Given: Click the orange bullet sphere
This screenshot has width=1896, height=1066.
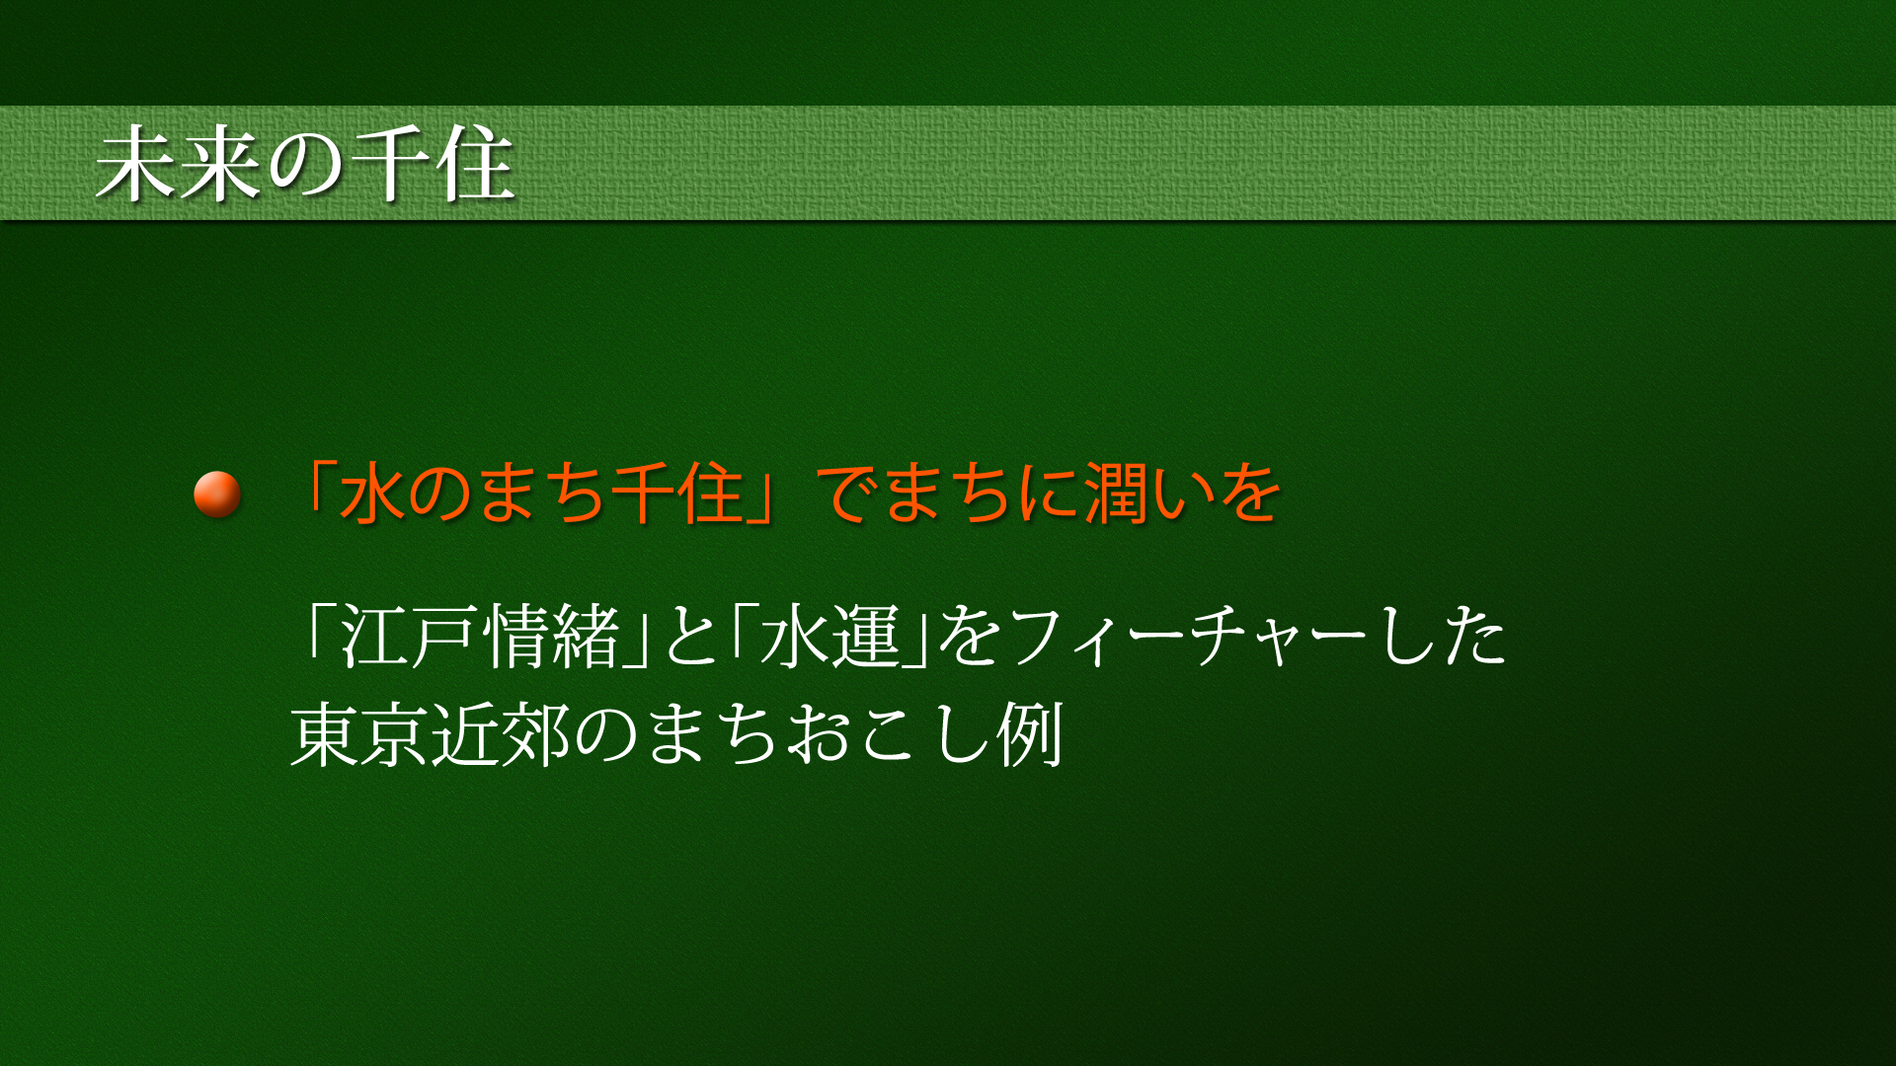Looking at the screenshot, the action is [x=217, y=495].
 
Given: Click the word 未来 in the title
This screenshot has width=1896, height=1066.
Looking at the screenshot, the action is [x=178, y=165].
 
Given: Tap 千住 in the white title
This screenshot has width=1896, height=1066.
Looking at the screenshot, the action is [x=433, y=165].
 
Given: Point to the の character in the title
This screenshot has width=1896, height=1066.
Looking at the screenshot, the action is [x=305, y=166].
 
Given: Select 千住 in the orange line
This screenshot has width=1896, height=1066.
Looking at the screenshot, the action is [x=676, y=494].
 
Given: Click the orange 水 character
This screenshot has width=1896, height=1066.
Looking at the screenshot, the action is [x=371, y=494].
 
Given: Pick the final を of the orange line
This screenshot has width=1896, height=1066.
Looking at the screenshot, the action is [x=1249, y=494].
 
